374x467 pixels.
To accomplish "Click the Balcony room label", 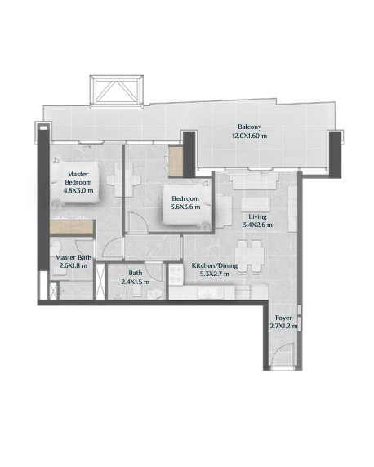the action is (249, 127).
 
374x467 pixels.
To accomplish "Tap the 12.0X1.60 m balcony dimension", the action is (249, 136).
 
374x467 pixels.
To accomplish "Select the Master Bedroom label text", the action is (78, 178).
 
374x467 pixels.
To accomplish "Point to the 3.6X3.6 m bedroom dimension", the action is (185, 207).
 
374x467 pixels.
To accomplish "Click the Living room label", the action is (257, 217).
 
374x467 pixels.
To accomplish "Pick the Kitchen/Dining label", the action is (215, 265).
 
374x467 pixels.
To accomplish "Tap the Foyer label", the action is (283, 318).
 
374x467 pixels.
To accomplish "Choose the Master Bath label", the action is (73, 257).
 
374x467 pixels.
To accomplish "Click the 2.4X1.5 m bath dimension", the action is (136, 282).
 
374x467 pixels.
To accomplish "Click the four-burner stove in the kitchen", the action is (176, 274).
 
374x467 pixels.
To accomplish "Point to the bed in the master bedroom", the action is (74, 182).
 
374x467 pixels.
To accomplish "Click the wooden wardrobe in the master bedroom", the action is (72, 228).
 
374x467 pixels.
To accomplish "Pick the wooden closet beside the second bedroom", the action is (176, 161).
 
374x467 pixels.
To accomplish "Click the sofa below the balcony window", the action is (254, 180).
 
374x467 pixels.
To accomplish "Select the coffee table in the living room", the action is (256, 205).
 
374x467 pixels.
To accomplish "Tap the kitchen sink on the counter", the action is (210, 293).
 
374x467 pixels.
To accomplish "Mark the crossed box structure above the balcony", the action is (117, 91).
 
